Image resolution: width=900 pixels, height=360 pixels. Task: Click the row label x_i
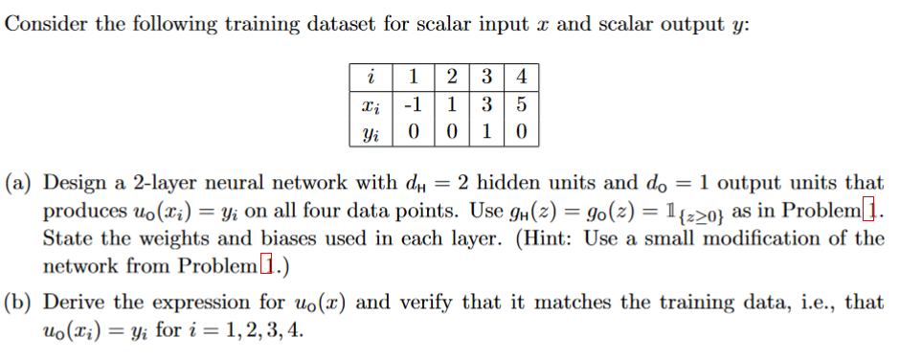click(371, 103)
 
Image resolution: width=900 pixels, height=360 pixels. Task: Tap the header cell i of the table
click(371, 76)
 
